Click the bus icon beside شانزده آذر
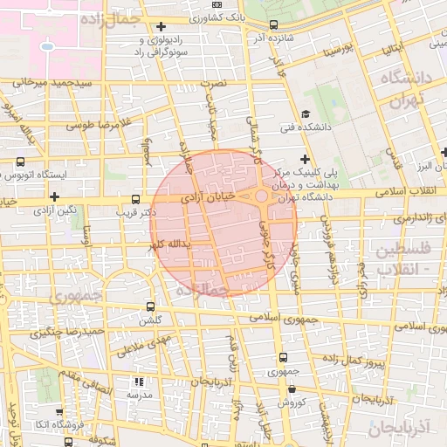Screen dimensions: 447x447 tap(274, 25)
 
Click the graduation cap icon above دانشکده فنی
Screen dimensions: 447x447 tap(305, 114)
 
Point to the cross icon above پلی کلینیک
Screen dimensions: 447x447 tap(304, 159)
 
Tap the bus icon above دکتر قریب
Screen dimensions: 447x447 tap(134, 199)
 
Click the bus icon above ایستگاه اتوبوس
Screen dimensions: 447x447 tap(20, 162)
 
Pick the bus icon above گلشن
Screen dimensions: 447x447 tap(151, 307)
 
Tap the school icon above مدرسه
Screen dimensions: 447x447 tap(137, 382)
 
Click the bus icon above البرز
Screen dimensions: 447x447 tap(444, 153)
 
